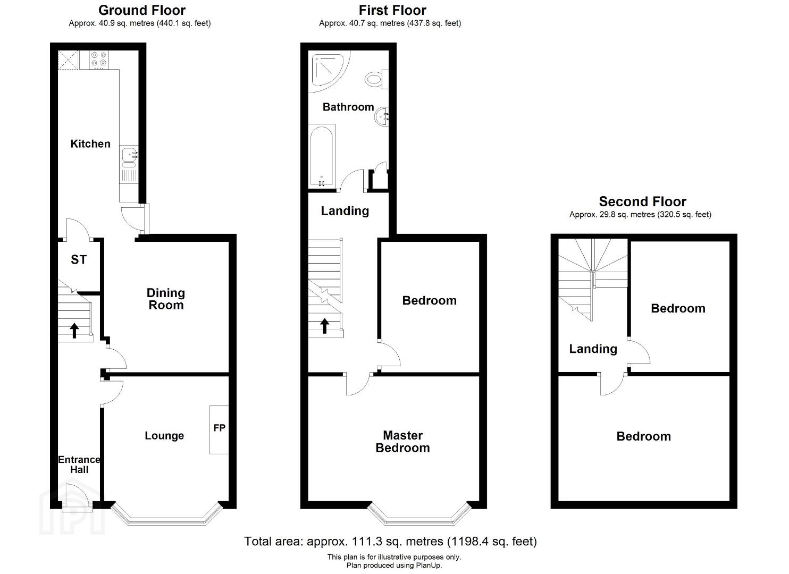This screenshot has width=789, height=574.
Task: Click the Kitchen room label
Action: click(x=90, y=143)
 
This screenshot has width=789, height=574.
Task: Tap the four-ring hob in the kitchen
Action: click(x=99, y=60)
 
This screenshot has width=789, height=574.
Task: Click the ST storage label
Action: click(x=78, y=260)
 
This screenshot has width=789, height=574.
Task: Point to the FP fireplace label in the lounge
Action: click(x=219, y=428)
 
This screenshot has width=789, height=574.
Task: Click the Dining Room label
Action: click(x=166, y=299)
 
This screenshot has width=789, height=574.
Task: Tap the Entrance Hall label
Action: click(x=79, y=465)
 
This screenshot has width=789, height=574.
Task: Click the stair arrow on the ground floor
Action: click(x=74, y=331)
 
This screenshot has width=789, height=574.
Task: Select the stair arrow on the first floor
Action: click(x=324, y=326)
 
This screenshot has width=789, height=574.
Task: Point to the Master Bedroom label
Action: click(x=402, y=442)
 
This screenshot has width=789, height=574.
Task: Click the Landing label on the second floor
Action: click(x=593, y=349)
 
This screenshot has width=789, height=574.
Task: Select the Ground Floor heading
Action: click(x=142, y=10)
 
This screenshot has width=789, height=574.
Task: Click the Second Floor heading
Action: click(x=642, y=201)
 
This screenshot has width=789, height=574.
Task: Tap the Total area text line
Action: click(x=390, y=541)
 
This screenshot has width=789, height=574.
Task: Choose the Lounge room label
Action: click(x=164, y=436)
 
